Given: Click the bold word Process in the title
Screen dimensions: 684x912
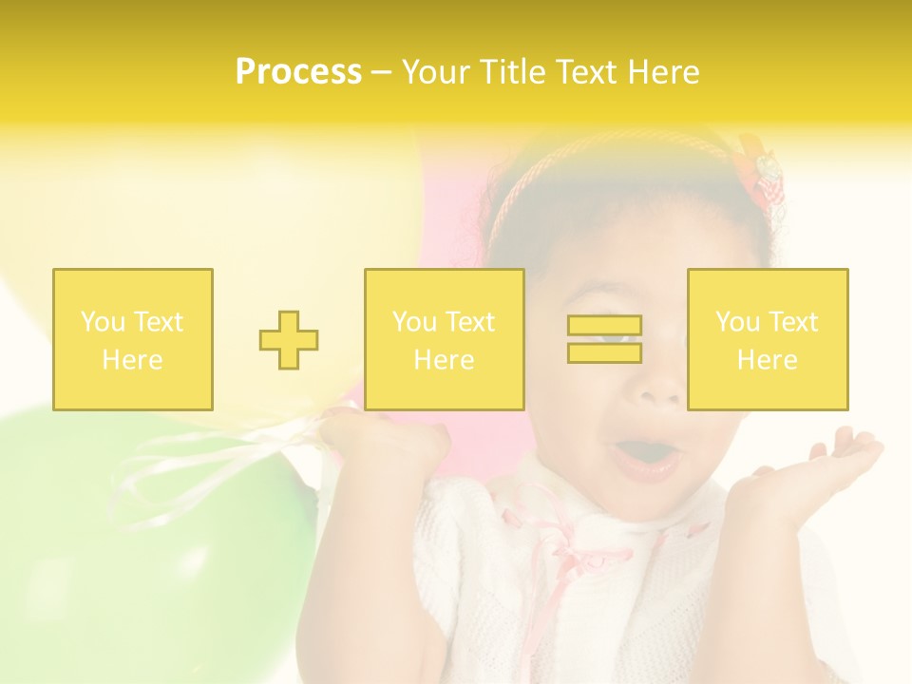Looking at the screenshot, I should (x=298, y=71).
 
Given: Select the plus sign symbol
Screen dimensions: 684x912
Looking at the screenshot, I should (x=289, y=340).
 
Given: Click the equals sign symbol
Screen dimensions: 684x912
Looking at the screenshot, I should (x=604, y=339).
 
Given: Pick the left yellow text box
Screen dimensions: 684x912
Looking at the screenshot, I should (x=133, y=339).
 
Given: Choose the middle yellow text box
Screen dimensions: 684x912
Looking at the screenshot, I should (x=444, y=339).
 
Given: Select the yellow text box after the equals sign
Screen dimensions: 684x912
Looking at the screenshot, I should (x=767, y=339).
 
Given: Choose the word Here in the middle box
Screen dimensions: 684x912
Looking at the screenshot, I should (x=444, y=359).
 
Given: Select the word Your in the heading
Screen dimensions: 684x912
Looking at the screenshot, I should (x=435, y=71).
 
